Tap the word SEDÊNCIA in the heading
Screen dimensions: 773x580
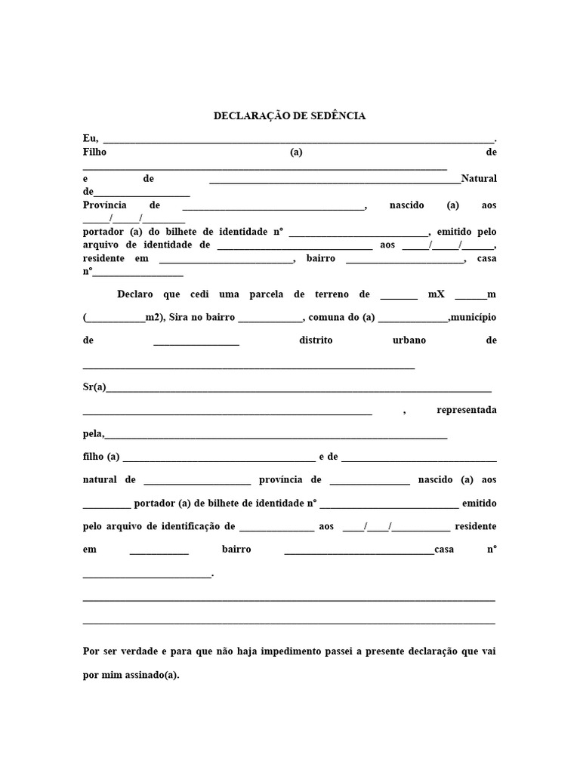(x=338, y=116)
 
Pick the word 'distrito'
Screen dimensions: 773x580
(x=316, y=340)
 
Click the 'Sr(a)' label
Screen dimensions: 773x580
(x=94, y=387)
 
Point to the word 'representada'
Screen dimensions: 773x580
(x=466, y=410)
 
